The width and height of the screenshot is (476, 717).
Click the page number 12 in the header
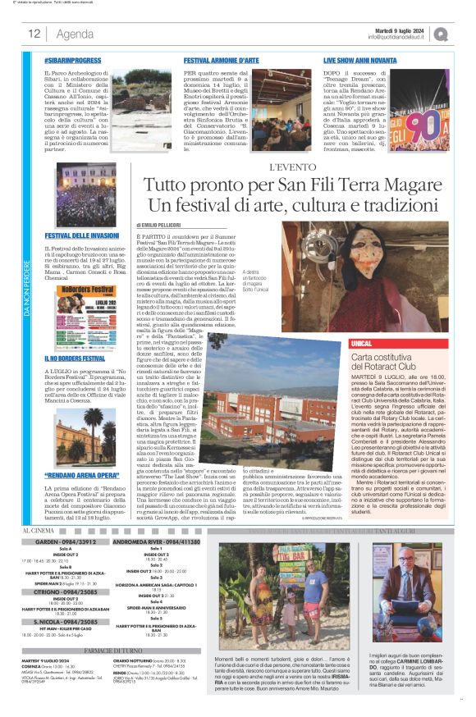(x=34, y=34)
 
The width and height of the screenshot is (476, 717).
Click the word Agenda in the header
(x=75, y=34)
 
